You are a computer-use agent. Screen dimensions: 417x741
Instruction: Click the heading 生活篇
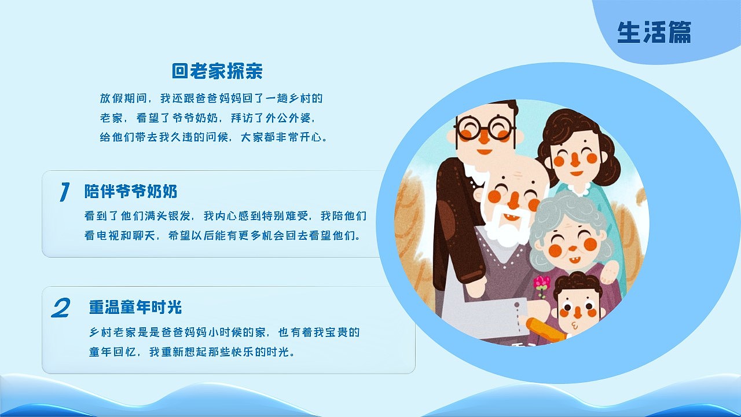[x=654, y=32]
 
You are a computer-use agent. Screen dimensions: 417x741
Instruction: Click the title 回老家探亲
[x=217, y=71]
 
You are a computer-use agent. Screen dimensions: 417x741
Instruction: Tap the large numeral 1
[x=64, y=192]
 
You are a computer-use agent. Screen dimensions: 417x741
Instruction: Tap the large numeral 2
[x=60, y=308]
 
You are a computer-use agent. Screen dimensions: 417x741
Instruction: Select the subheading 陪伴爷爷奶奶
[x=131, y=191]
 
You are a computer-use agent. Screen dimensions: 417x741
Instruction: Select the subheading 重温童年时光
[x=135, y=307]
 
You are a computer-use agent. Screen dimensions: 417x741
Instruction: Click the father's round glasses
[x=485, y=129]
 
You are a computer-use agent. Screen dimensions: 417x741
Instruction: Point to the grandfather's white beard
[x=509, y=230]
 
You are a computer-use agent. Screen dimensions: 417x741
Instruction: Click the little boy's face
[x=576, y=310]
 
